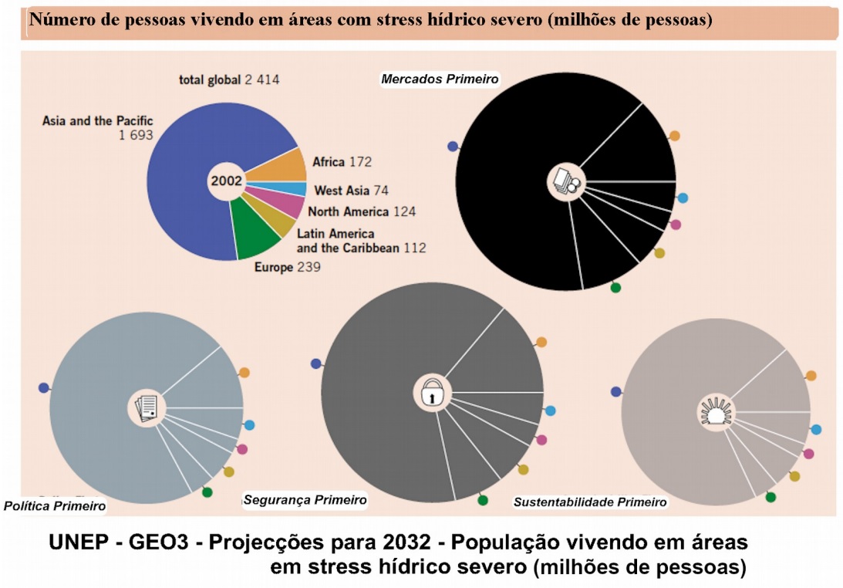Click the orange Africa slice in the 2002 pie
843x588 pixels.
pos(283,164)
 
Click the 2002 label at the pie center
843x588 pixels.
pos(226,181)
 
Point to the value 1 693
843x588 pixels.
pos(136,135)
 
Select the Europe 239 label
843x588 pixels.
pos(287,267)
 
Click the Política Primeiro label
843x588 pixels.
pos(55,506)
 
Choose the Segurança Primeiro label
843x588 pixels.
pos(305,500)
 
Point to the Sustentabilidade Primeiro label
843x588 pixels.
pos(590,502)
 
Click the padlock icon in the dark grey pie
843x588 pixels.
pos(433,393)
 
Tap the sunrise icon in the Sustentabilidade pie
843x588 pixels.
pos(715,412)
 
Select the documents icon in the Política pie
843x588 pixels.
pos(147,407)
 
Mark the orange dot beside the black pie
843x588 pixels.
pos(674,136)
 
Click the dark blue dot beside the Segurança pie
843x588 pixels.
pos(315,363)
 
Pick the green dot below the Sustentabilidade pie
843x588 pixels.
pos(771,497)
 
